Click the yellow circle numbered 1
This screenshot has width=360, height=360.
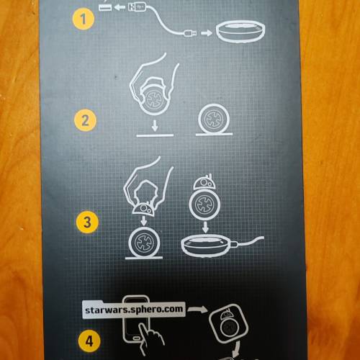[x=83, y=19]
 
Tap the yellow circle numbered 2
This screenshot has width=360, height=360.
[x=85, y=120]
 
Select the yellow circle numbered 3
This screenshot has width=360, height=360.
[x=87, y=222]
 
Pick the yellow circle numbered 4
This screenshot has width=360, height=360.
[x=89, y=341]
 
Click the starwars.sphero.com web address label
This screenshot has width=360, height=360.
[x=134, y=310]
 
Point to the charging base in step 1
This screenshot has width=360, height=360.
[x=240, y=31]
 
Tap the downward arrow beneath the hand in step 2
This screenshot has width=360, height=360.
[x=155, y=126]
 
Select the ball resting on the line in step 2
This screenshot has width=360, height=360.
[x=214, y=119]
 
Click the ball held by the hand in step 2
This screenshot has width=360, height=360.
[x=153, y=99]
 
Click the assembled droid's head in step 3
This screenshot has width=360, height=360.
[x=204, y=182]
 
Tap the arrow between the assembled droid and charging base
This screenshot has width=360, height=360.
[x=205, y=228]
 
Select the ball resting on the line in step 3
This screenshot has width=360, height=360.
[x=144, y=242]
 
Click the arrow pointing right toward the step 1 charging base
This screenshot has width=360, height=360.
[x=207, y=32]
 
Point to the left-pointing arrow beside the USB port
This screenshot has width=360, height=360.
[x=120, y=7]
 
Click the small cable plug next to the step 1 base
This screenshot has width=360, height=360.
[x=191, y=32]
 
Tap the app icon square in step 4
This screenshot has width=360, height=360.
[x=228, y=323]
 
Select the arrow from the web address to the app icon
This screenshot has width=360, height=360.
[x=197, y=310]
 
